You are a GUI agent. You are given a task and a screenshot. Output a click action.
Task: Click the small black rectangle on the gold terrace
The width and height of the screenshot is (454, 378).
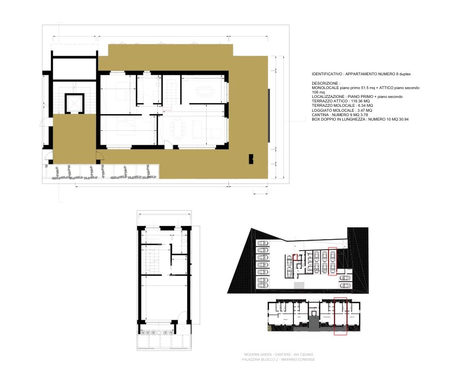pyautogui.click(x=251, y=158)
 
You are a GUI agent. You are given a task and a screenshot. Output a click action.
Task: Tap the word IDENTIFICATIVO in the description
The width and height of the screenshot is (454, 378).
pyautogui.click(x=327, y=74)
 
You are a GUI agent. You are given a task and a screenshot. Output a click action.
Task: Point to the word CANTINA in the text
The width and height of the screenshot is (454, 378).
pyautogui.click(x=321, y=115)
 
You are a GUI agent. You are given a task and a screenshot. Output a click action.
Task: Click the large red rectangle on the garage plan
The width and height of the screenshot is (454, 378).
pyautogui.click(x=332, y=260)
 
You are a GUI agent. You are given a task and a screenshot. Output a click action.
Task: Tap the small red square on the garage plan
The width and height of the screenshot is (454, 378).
pyautogui.click(x=295, y=256)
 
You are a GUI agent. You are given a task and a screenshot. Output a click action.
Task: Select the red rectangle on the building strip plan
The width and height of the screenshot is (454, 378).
pyautogui.click(x=340, y=316)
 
